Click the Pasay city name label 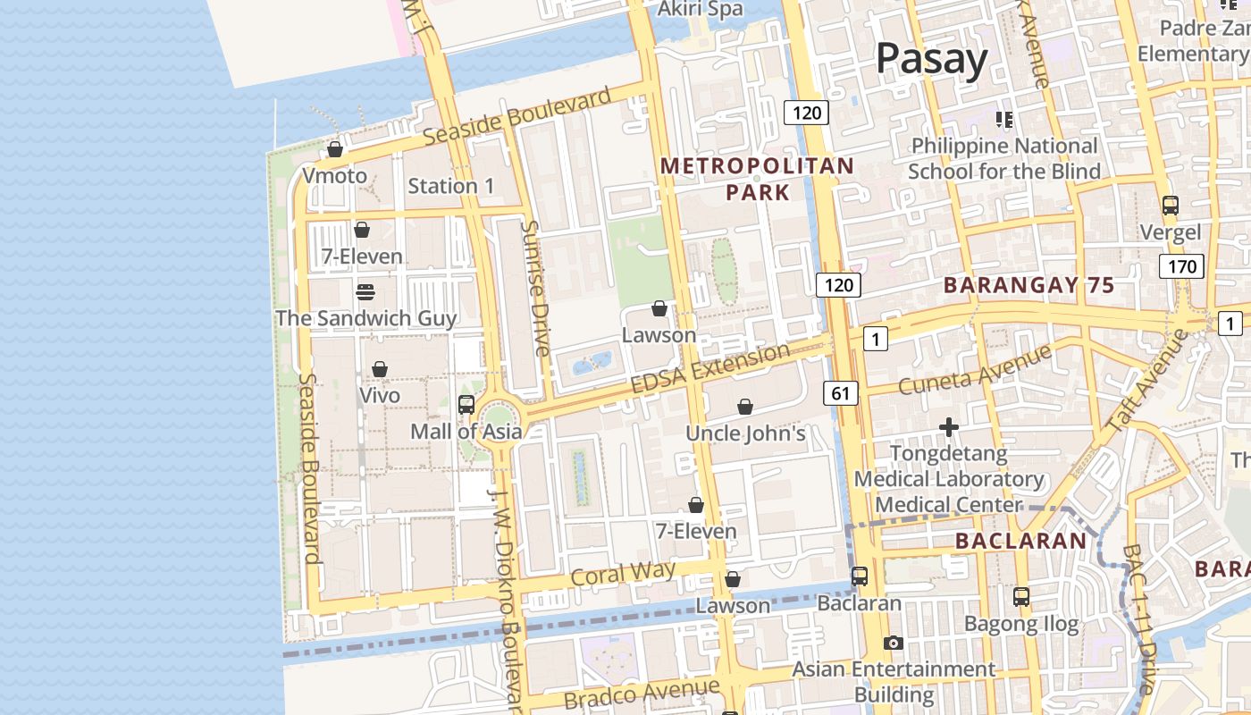pos(931,59)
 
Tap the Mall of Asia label pos(466,432)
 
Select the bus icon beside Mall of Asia pos(466,404)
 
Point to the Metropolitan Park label pos(757,179)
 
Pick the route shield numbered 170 pos(1181,265)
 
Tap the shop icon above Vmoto pos(335,149)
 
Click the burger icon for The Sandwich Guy pos(365,291)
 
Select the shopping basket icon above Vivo pos(380,369)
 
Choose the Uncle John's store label pos(745,433)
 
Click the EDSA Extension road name pos(710,367)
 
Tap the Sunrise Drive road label pos(536,288)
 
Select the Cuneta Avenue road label pos(975,370)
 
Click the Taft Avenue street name pos(1147,382)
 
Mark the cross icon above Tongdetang pos(949,428)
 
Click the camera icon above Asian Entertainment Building pos(893,643)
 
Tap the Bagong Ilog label pos(1022,624)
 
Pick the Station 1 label pos(450,186)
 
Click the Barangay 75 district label pos(1029,286)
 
